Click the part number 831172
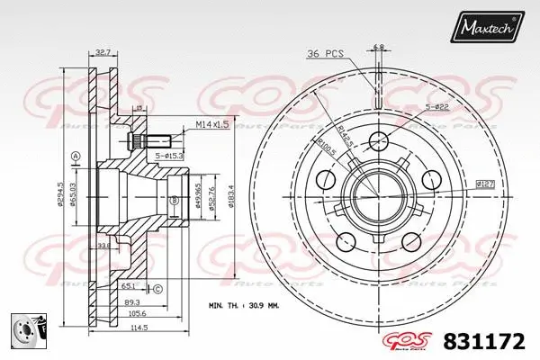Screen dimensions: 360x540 (484, 341)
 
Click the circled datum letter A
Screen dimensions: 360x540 (75, 156)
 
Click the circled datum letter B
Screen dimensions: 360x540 (174, 200)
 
